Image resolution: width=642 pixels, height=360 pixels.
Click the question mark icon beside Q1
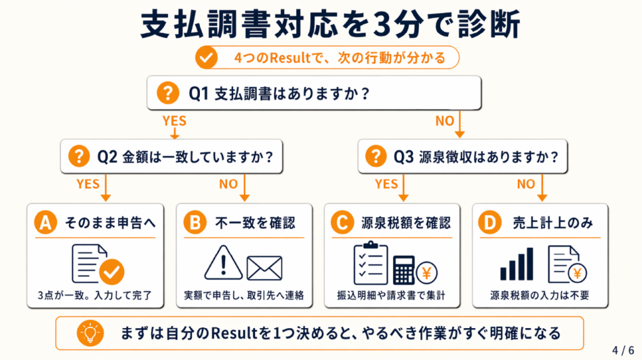[167, 93]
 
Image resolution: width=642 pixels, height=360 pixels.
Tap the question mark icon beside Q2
[80, 156]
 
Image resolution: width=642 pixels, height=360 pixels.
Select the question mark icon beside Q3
[376, 156]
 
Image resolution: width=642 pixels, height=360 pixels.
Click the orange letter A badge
[44, 223]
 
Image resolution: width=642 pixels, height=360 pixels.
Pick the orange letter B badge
[195, 223]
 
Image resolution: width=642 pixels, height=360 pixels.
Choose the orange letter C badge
[343, 223]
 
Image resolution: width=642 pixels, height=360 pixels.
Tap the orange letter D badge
[490, 223]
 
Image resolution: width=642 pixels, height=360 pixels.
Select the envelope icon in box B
[264, 267]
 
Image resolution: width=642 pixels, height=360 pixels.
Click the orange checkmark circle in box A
[112, 271]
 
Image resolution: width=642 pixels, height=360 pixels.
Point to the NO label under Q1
[445, 121]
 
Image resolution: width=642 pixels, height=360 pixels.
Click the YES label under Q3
[386, 184]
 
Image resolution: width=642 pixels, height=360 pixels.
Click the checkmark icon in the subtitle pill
[206, 58]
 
